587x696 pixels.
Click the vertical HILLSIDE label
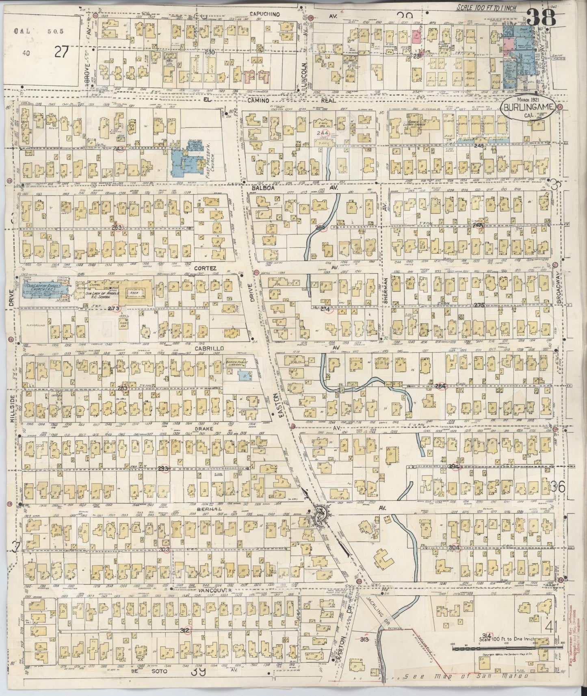pos(13,409)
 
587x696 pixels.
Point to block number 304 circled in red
pos(455,547)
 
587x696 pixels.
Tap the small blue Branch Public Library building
pos(244,376)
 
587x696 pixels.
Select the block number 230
pos(210,53)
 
